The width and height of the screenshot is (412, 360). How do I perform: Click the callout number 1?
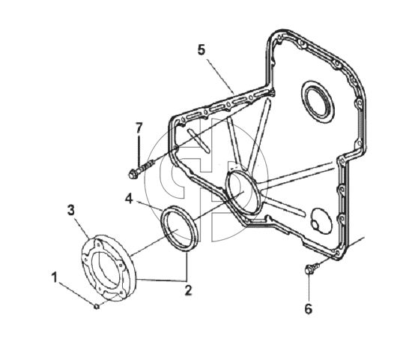55,278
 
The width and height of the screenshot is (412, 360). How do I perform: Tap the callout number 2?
188,290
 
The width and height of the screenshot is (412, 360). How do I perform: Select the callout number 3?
71,210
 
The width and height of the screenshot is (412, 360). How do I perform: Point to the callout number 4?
129,199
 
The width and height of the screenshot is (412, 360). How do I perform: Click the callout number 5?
202,49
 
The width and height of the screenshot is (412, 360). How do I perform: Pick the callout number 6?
309,308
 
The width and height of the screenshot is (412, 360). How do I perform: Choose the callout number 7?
139,128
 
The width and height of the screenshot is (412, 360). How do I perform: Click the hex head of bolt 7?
133,174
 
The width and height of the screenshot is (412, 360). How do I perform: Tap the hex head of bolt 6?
309,270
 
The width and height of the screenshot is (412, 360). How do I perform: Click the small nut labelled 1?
97,306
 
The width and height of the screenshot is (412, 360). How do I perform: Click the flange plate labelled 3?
109,268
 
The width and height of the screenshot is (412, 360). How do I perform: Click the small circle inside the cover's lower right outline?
315,224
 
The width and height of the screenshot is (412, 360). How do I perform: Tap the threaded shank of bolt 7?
146,166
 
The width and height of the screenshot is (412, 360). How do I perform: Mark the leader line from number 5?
220,76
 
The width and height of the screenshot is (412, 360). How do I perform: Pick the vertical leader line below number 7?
139,150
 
